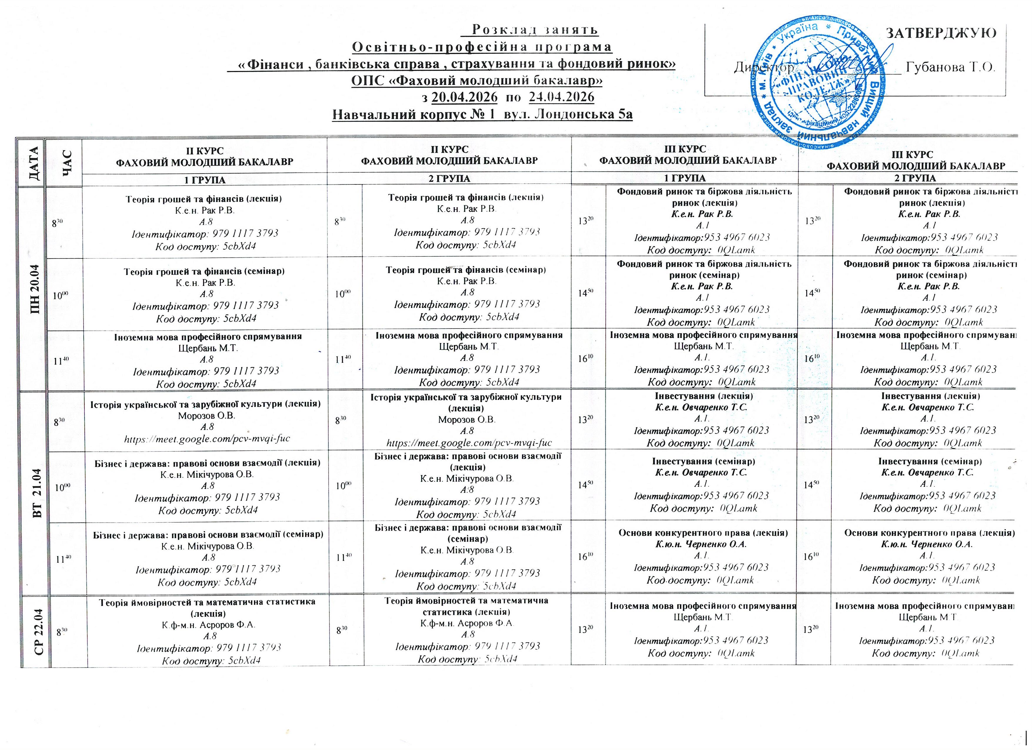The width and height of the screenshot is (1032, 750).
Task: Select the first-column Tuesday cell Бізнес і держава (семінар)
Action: point(208,534)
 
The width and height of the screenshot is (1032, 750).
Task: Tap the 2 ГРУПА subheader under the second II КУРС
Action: point(449,179)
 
